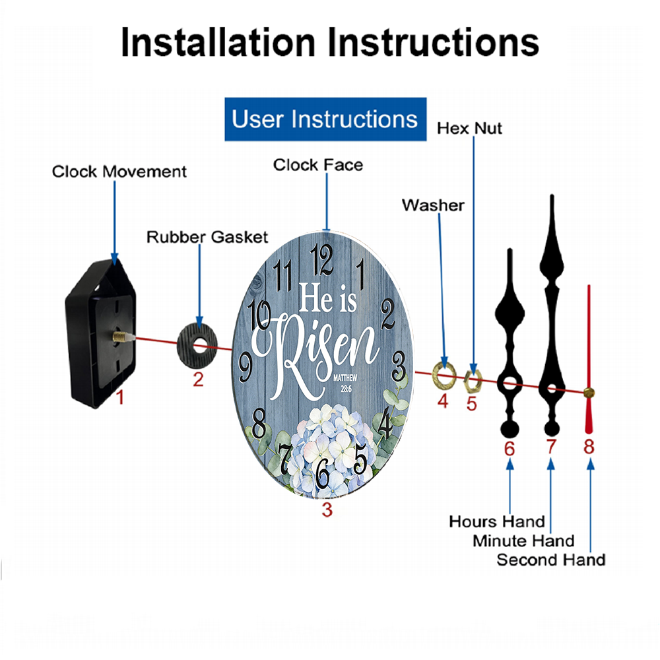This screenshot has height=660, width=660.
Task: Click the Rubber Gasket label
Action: [x=207, y=237]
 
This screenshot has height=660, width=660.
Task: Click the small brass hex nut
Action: [x=473, y=381]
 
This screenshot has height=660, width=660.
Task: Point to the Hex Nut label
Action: [x=469, y=128]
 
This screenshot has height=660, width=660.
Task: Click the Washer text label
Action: [x=433, y=205]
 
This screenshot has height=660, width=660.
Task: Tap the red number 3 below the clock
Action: [x=327, y=510]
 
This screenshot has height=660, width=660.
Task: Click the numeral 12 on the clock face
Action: [x=322, y=259]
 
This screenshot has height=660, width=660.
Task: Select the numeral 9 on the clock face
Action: [x=246, y=367]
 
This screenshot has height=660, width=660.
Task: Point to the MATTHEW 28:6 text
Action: [x=345, y=383]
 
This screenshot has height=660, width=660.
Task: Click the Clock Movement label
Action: [x=119, y=172]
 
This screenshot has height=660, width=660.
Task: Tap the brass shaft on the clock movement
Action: [x=121, y=337]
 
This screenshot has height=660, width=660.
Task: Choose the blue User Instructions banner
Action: [x=325, y=119]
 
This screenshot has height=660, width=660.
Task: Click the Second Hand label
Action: [x=551, y=560]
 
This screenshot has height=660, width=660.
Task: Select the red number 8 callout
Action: [x=589, y=446]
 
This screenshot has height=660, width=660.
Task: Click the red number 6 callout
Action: [x=510, y=449]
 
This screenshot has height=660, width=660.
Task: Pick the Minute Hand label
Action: [x=523, y=541]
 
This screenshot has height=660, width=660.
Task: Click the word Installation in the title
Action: [x=218, y=42]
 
